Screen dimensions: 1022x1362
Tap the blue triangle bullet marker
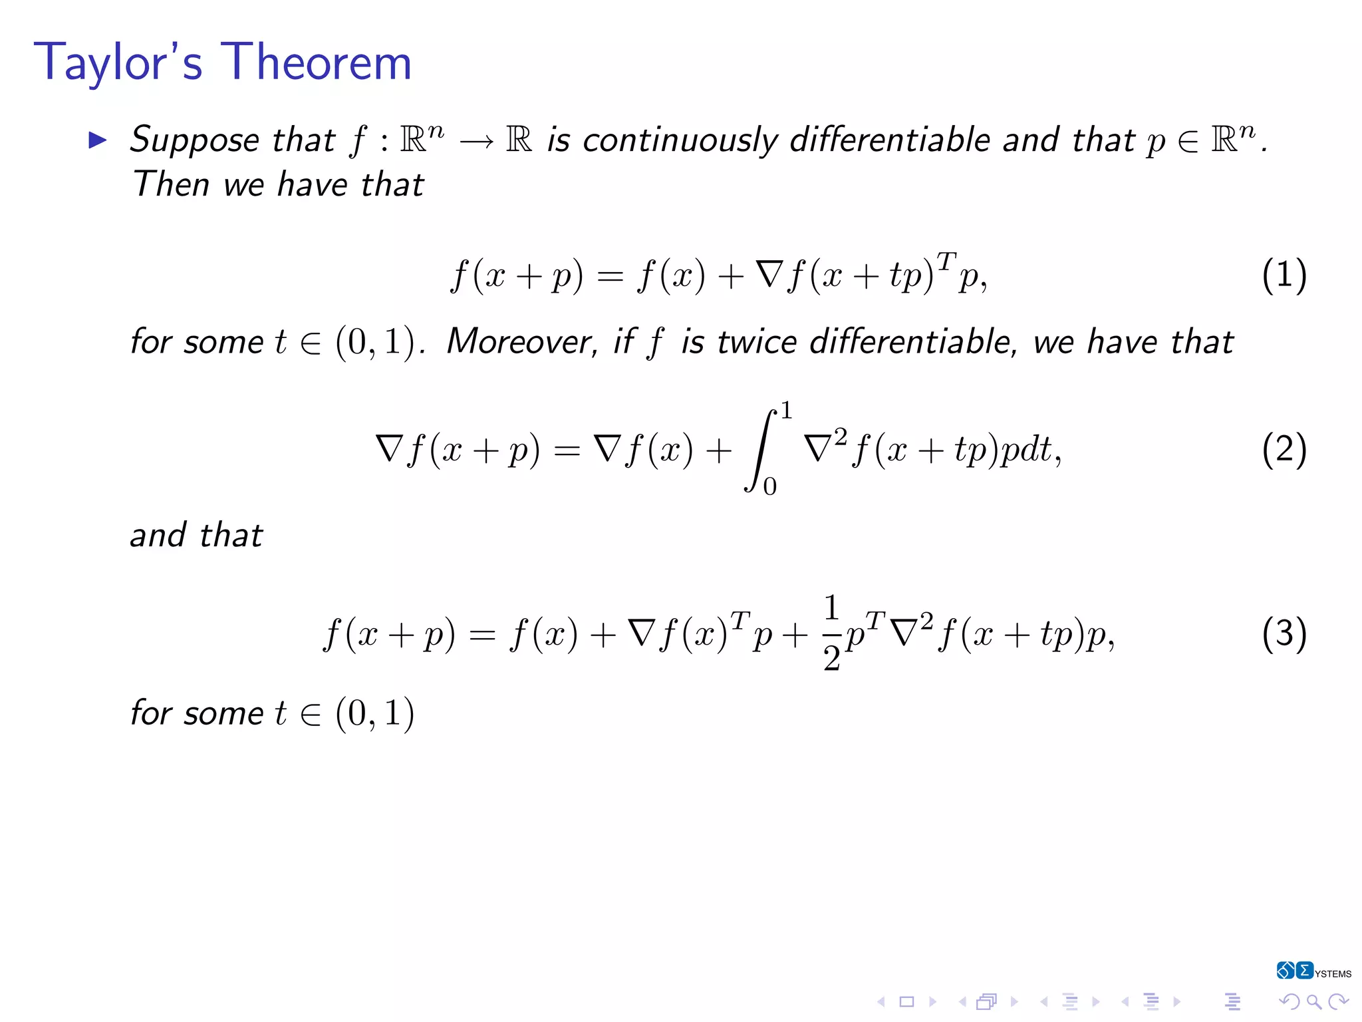98,140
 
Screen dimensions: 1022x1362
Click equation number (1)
1284,275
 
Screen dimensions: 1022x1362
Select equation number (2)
1284,450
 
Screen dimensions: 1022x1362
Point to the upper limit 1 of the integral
787,411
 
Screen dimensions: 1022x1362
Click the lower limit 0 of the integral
769,487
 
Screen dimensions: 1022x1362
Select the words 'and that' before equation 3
196,535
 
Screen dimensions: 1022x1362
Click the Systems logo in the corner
1313,971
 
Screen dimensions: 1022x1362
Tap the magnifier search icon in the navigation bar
1313,1001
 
